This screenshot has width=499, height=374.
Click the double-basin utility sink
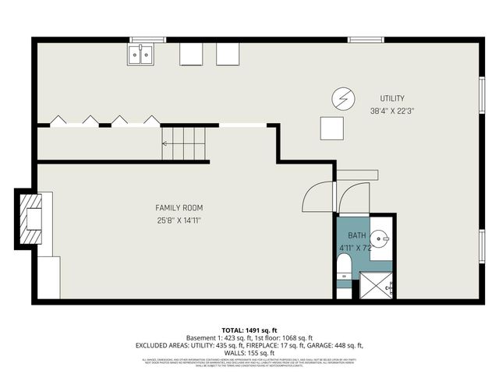pos(141,54)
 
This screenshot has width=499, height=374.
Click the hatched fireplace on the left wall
pos(33,219)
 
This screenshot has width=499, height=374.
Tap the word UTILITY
pos(391,98)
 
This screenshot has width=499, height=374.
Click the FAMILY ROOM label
pos(179,207)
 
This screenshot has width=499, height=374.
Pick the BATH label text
pos(356,235)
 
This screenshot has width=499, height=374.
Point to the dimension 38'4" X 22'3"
pos(391,111)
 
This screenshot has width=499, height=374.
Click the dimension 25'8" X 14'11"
pos(179,220)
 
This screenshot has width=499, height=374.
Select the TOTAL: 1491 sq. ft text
pos(249,330)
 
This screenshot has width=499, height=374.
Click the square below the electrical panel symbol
pos(331,128)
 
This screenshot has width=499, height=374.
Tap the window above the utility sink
pos(147,39)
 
